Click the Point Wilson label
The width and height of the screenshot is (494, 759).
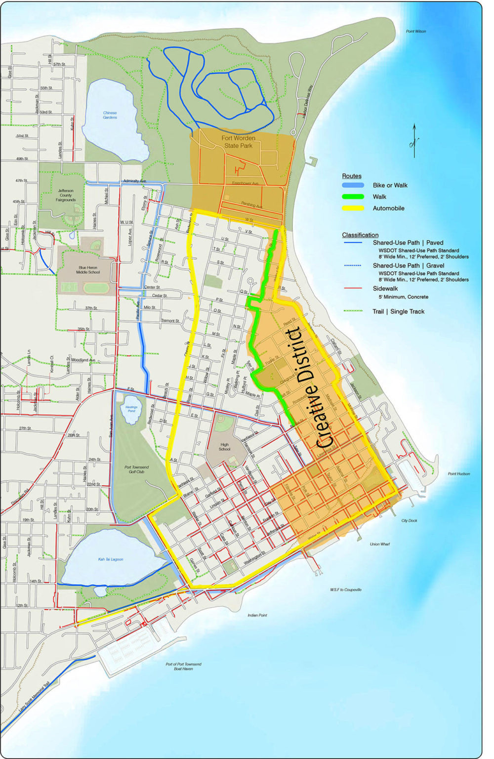click(415, 31)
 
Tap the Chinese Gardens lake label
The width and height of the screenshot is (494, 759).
click(110, 115)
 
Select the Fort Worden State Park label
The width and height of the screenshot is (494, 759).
click(238, 142)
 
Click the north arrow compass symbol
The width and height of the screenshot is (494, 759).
click(414, 141)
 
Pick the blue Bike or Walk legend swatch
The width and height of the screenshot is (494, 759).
click(353, 185)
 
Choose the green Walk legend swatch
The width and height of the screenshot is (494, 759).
click(353, 197)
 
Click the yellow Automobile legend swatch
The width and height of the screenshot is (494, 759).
click(353, 208)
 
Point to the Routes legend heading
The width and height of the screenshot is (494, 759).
click(351, 176)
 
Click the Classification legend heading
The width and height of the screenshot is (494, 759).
click(360, 235)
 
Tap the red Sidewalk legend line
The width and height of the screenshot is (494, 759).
click(353, 289)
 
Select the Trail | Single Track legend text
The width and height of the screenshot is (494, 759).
click(398, 311)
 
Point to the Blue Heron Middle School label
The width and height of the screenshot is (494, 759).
click(89, 270)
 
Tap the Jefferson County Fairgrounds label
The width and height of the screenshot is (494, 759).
click(66, 195)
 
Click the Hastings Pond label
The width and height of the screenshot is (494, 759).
click(131, 409)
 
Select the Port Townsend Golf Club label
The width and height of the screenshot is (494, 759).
click(137, 469)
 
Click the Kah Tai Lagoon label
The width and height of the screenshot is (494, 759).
click(111, 559)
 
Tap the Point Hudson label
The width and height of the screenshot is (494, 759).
click(458, 474)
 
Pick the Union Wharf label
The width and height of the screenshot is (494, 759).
click(379, 544)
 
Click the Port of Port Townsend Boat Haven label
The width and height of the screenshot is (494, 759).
click(183, 666)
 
